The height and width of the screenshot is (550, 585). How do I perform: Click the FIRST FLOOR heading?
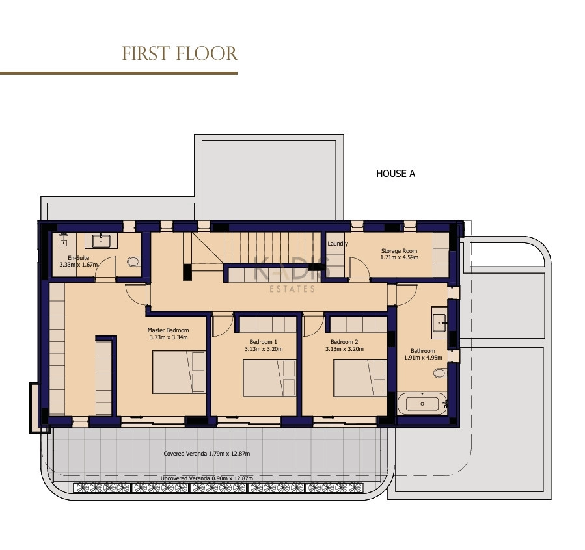[180, 54]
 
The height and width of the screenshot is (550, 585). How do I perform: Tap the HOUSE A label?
[396, 174]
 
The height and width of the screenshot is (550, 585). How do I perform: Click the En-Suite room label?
[78, 261]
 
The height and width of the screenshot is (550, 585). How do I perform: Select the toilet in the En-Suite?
[133, 261]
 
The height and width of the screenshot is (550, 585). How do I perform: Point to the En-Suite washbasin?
[101, 241]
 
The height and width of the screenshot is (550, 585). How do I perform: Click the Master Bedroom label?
[169, 334]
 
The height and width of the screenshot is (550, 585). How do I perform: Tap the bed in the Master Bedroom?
[179, 372]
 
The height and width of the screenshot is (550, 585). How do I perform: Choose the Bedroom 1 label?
[264, 345]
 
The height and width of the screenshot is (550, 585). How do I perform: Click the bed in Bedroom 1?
[269, 378]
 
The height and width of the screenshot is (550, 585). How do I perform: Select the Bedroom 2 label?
[344, 345]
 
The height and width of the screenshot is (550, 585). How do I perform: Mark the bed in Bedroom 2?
[360, 378]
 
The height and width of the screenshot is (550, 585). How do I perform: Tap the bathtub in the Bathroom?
[422, 404]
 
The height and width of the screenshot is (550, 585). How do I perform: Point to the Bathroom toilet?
[440, 373]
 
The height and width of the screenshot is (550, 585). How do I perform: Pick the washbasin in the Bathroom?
[439, 322]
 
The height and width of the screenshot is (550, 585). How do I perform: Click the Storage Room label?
[399, 254]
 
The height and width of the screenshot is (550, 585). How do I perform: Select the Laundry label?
[338, 244]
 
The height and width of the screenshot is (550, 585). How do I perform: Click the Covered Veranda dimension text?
[207, 454]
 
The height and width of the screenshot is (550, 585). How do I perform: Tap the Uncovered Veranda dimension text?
[207, 478]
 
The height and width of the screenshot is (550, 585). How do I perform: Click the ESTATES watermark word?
[292, 289]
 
